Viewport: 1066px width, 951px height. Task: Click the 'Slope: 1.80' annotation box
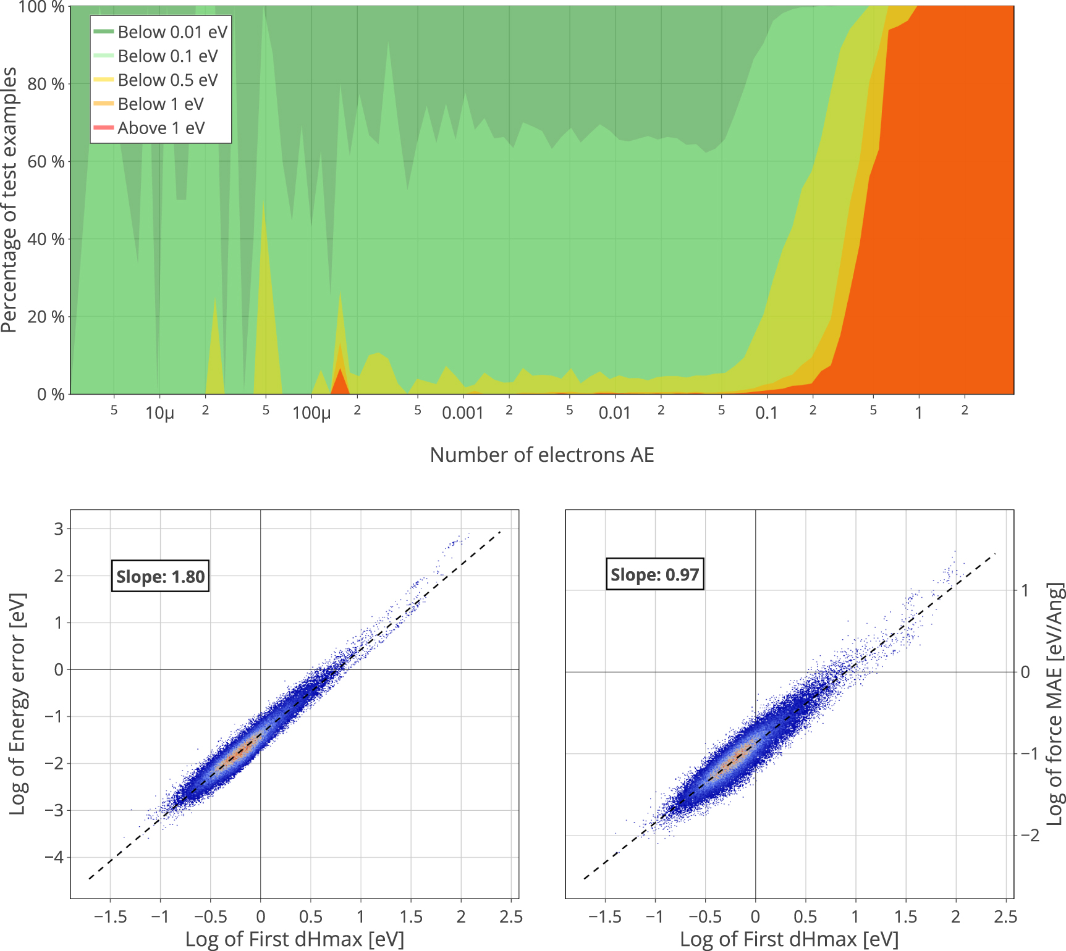tap(160, 577)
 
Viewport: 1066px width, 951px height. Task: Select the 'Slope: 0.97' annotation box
tap(654, 575)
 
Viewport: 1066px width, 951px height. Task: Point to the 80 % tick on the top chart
tap(46, 84)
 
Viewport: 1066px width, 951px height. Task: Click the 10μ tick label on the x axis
tap(159, 413)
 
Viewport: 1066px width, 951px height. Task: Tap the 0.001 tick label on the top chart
tap(462, 413)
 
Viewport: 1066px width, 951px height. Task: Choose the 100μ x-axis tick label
tap(311, 413)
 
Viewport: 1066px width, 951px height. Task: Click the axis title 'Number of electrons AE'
tap(541, 455)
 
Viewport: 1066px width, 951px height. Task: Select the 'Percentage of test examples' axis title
tap(10, 200)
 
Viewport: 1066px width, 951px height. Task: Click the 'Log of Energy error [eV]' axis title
tap(18, 704)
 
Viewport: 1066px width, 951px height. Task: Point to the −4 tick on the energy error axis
tap(54, 858)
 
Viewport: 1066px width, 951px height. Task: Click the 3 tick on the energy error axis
tap(59, 529)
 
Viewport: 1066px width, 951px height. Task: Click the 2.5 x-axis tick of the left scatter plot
tap(511, 916)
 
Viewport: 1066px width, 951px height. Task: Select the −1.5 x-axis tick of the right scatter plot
tap(605, 916)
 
